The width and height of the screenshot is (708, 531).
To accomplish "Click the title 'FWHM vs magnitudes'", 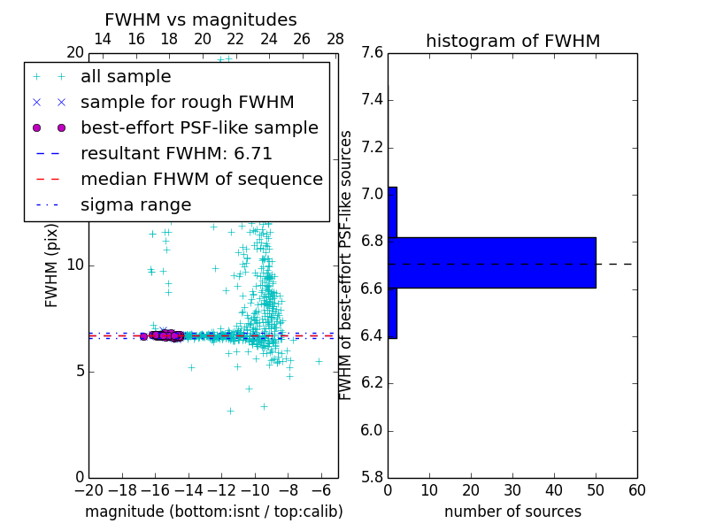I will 200,19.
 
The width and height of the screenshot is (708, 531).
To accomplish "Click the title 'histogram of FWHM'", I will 512,41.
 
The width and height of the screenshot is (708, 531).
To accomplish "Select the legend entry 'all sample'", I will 126,77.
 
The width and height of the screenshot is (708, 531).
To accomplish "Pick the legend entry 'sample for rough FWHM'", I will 187,102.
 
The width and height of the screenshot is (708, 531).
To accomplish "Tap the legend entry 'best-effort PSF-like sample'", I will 199,127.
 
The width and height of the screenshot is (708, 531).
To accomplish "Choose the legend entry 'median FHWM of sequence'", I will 201,179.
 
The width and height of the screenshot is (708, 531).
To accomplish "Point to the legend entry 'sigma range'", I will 135,204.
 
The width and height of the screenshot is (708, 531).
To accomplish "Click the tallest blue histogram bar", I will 492,262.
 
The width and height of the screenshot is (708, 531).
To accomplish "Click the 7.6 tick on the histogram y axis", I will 373,52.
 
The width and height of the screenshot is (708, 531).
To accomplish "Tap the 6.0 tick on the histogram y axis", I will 373,431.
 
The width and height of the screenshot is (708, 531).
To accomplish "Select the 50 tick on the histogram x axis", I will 596,490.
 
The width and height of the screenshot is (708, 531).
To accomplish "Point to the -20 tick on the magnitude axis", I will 88,490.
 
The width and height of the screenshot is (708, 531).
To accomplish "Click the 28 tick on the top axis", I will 335,39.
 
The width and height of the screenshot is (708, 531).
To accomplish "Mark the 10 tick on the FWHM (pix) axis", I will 74,265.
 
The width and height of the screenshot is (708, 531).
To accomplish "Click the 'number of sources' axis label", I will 512,512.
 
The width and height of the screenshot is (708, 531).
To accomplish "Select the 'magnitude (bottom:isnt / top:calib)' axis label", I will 213,512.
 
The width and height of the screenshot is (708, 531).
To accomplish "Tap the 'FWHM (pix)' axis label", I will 52,265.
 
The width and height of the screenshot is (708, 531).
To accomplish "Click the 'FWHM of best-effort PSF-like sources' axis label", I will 346,265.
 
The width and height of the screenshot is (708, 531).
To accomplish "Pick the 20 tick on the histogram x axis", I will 471,490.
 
